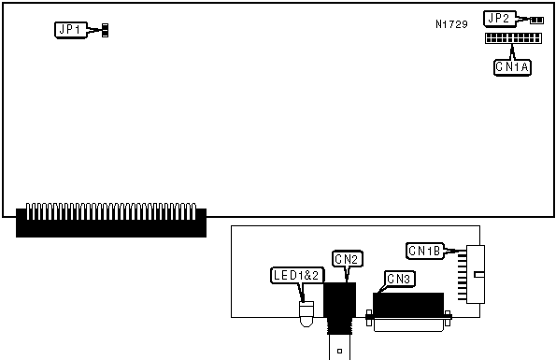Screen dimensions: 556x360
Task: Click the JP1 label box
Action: pyautogui.click(x=71, y=30)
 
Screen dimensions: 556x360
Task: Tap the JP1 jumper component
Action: pyautogui.click(x=105, y=31)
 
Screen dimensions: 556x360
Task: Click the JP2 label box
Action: pyautogui.click(x=500, y=19)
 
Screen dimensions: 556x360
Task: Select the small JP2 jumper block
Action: pyautogui.click(x=537, y=21)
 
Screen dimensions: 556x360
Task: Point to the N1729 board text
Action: pyautogui.click(x=451, y=24)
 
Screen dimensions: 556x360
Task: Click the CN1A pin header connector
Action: pyautogui.click(x=513, y=38)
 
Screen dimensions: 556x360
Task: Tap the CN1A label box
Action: pyautogui.click(x=512, y=67)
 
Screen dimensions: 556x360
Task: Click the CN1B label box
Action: pyautogui.click(x=425, y=252)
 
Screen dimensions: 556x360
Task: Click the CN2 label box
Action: pyautogui.click(x=347, y=259)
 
